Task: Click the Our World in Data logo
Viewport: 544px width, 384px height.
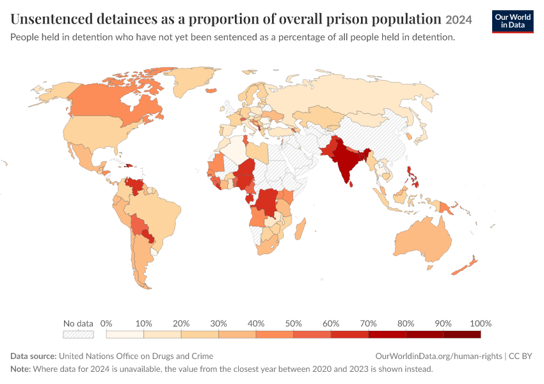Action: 513,22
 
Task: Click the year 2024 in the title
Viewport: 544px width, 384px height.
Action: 459,20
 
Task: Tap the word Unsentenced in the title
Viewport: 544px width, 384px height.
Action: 52,19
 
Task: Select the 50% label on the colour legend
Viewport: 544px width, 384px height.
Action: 293,324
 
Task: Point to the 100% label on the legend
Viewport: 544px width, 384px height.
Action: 481,324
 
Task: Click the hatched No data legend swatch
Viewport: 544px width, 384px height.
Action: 78,334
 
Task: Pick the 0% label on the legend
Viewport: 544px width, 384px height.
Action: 106,324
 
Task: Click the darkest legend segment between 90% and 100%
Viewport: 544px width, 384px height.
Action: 462,334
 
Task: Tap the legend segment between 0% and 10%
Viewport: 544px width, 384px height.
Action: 125,334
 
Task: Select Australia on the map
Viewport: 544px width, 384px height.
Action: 423,239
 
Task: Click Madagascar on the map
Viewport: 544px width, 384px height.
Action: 301,228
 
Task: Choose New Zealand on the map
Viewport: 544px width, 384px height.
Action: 465,266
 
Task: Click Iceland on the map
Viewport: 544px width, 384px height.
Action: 211,90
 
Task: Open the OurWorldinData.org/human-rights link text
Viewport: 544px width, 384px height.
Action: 438,356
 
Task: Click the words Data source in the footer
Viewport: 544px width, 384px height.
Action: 33,356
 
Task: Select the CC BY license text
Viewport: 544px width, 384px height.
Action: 520,356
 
